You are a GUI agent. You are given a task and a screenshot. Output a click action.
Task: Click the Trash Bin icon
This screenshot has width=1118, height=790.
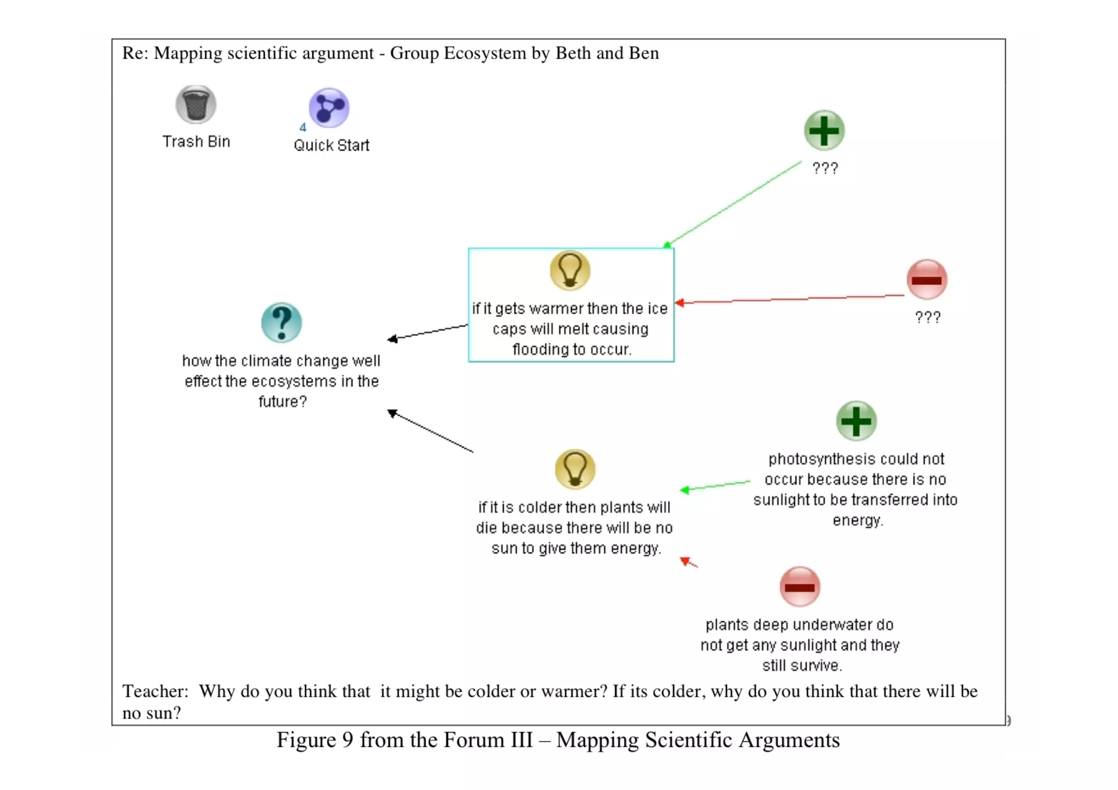tap(195, 104)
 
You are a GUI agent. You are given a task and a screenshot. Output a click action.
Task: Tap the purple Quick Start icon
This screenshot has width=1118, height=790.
tap(329, 108)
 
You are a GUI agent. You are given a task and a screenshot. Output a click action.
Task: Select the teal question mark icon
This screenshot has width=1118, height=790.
tap(281, 323)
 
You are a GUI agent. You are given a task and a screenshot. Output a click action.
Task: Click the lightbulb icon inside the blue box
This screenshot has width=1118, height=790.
tap(570, 270)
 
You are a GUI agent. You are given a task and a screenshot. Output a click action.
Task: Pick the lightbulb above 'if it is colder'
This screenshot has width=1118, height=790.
tap(575, 469)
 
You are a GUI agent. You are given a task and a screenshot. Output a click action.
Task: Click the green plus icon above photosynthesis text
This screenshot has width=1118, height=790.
tap(856, 421)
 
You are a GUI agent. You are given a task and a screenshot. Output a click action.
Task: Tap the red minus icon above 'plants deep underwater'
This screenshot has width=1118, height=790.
tap(800, 587)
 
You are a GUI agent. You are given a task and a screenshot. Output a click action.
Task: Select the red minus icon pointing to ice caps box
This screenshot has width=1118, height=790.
tap(926, 280)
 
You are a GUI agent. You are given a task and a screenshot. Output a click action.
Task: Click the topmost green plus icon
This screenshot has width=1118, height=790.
tap(824, 130)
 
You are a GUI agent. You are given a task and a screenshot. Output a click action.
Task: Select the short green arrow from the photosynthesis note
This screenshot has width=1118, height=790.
tap(715, 486)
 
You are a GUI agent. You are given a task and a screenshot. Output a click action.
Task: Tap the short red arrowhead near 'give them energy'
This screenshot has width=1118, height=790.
tap(687, 561)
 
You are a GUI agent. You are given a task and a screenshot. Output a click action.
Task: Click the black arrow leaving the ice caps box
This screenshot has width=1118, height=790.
tap(428, 332)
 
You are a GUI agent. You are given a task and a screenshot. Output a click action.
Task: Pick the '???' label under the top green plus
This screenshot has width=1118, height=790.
tap(825, 168)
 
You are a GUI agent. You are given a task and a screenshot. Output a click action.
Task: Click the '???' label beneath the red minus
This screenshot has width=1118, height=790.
tap(927, 317)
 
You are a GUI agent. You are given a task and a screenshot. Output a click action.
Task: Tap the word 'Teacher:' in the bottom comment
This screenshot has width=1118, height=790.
tap(155, 691)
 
